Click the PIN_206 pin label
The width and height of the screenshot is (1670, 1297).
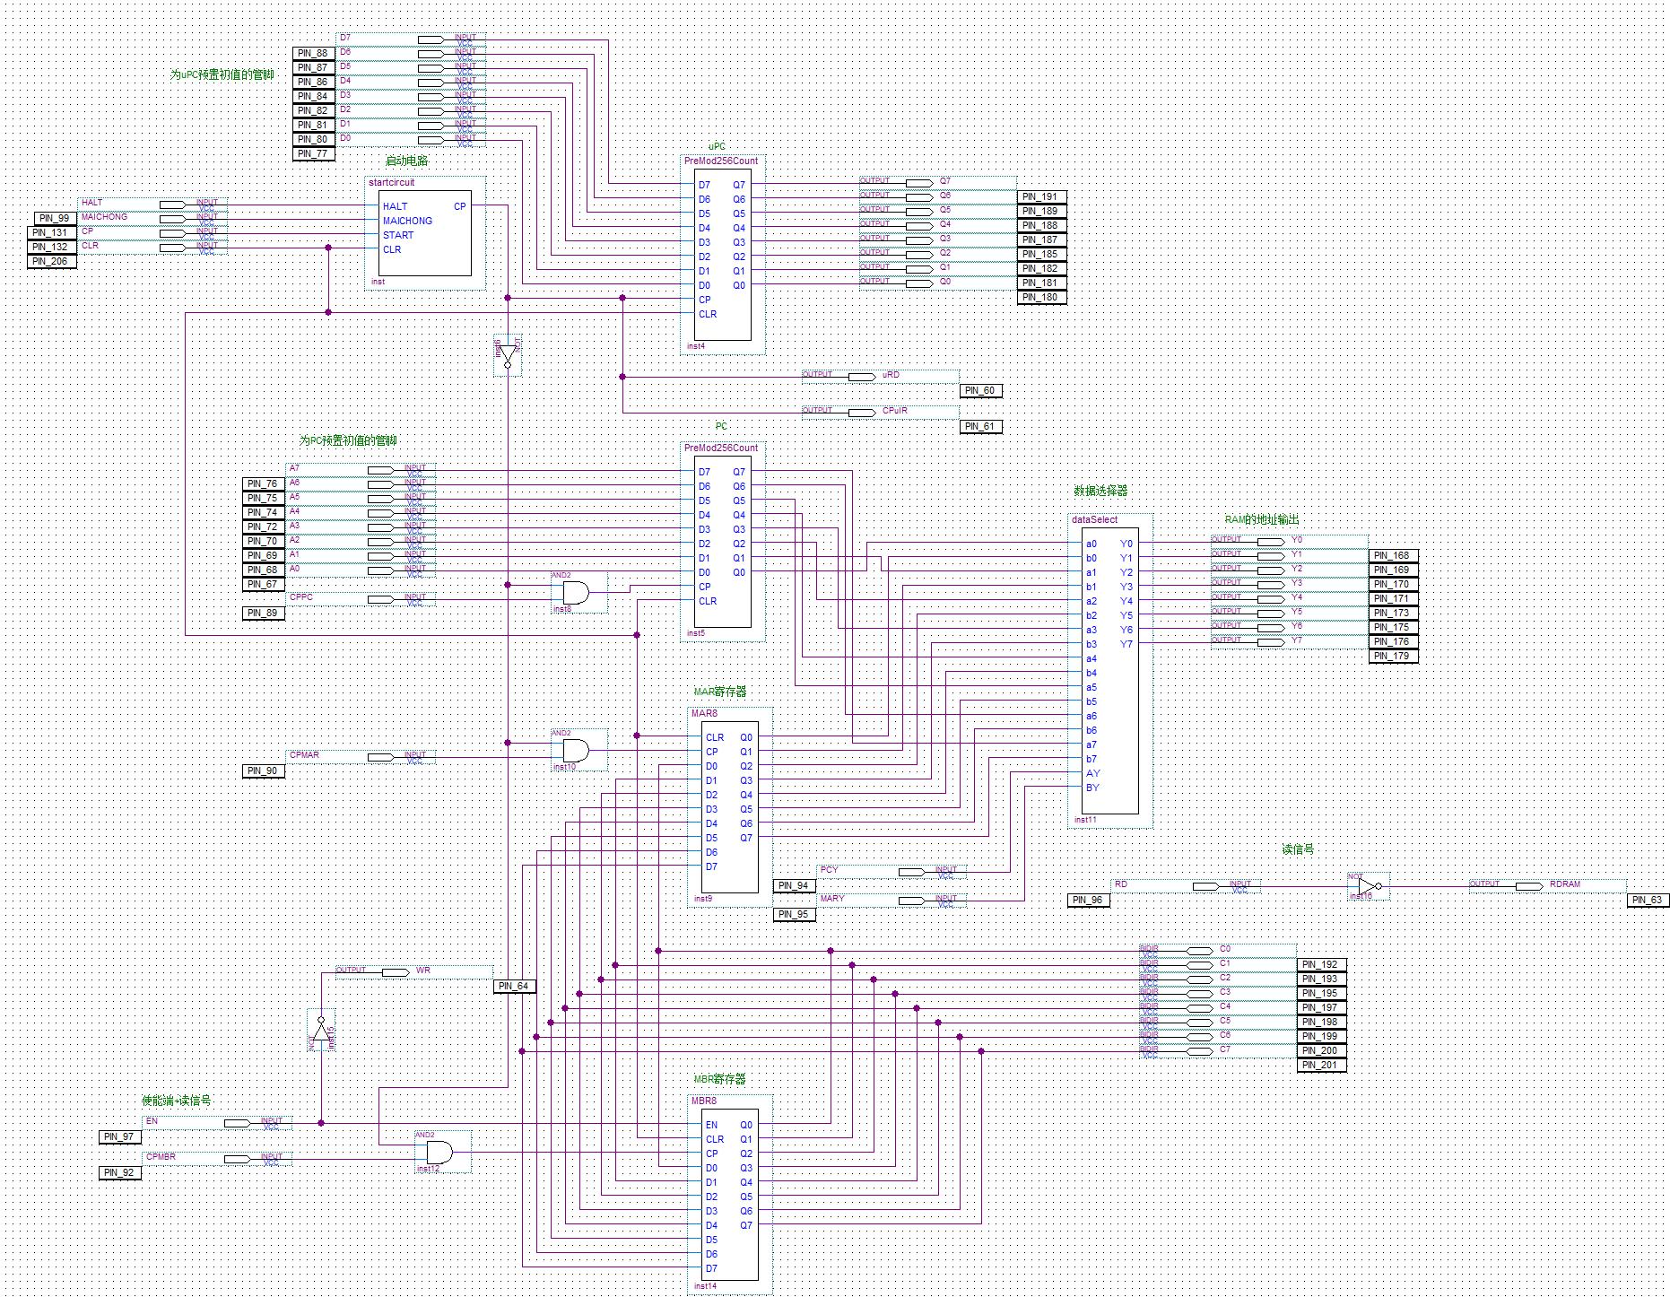point(51,262)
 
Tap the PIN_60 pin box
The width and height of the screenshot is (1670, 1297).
point(980,391)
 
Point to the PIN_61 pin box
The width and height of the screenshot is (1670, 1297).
point(980,427)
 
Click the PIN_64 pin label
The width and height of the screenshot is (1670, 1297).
point(514,987)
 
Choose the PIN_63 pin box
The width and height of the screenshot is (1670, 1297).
point(1648,901)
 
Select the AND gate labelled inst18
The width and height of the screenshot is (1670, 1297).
point(575,593)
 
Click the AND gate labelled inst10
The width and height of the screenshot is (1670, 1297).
point(575,751)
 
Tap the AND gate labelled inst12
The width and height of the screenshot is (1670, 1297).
point(439,1153)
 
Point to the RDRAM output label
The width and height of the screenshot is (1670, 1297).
point(1565,884)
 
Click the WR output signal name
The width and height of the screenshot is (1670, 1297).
point(423,971)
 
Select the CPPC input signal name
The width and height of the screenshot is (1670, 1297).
point(301,597)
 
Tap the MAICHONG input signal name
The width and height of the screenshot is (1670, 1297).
point(104,217)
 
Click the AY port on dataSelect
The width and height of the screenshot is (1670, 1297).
point(1092,773)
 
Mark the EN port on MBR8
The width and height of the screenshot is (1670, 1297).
point(711,1125)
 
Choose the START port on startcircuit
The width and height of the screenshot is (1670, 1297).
point(398,235)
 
